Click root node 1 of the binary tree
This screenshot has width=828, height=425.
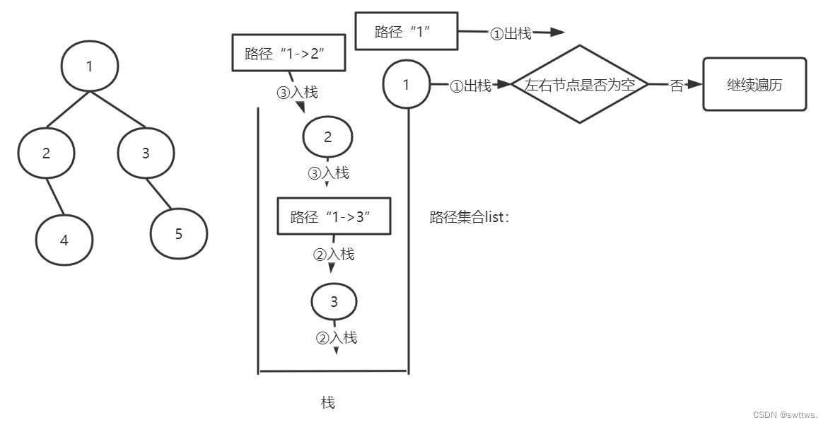click(89, 67)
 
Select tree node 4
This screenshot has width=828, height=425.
click(64, 240)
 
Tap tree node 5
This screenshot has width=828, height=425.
click(179, 233)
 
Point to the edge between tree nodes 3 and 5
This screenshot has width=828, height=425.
click(159, 192)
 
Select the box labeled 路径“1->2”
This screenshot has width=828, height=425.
click(288, 54)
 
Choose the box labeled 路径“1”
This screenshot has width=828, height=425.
click(404, 32)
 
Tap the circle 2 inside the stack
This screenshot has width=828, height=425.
click(327, 137)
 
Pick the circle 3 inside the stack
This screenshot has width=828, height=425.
click(334, 302)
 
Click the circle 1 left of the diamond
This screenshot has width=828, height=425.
click(406, 85)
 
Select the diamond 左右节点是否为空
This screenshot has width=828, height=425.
click(580, 85)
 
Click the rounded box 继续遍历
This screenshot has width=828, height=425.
click(754, 85)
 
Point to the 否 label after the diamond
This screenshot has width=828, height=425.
click(676, 86)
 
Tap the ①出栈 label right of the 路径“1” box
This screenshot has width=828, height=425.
click(511, 33)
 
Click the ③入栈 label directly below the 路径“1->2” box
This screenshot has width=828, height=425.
click(297, 92)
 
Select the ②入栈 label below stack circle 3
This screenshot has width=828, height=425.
click(336, 337)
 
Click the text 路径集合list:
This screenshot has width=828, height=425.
click(469, 217)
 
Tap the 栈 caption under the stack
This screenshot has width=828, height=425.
click(328, 402)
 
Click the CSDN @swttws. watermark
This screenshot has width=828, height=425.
click(786, 414)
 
